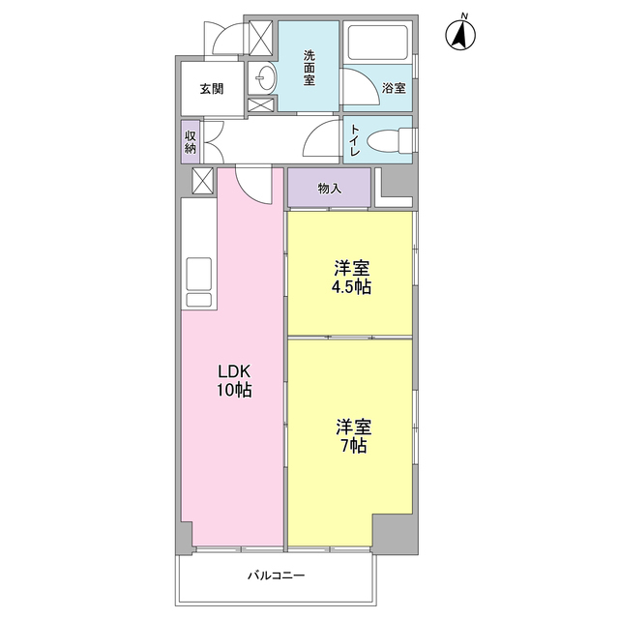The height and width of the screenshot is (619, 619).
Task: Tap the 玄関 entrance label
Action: pos(212,89)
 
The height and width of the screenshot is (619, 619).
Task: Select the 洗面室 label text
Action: pos(309,68)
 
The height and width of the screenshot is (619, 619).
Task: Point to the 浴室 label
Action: pos(394,88)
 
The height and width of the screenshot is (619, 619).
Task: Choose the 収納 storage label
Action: pos(191,141)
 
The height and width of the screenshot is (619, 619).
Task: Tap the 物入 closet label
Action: pos(329,188)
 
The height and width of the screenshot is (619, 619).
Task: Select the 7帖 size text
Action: pos(351,446)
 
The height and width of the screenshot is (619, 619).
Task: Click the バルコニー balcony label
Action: pos(276,575)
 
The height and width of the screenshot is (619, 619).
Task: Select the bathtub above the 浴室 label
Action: pos(378,44)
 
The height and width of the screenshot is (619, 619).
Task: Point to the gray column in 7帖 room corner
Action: pos(394,532)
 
